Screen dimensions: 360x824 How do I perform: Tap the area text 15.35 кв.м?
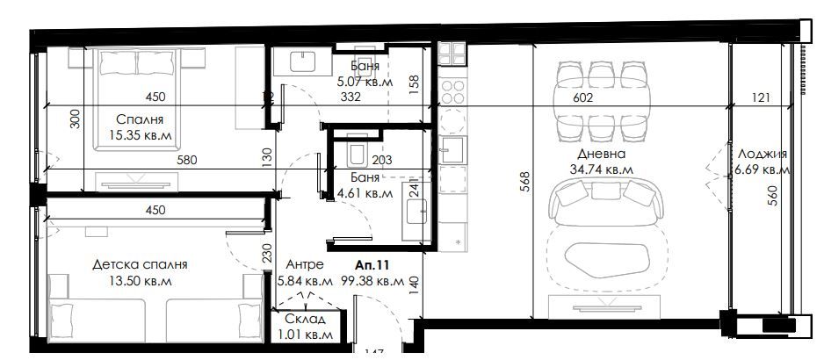[x=140, y=135]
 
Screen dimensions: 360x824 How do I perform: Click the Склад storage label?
[x=304, y=318]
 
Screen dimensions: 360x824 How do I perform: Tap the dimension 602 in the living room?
[x=584, y=98]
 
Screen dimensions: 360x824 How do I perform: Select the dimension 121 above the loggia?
[x=761, y=98]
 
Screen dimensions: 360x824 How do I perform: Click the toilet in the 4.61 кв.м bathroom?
[x=357, y=154]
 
